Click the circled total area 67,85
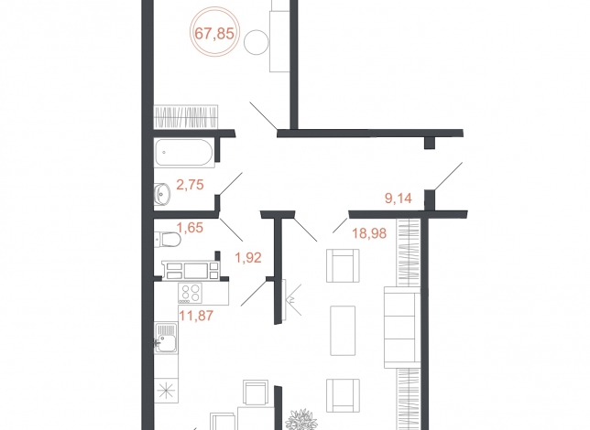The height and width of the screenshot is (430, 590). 214,34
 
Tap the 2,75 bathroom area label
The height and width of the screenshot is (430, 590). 190,185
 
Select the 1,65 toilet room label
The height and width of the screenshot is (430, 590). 190,228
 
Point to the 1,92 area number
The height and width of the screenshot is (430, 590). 248,257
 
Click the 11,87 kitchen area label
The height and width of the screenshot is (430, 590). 196,316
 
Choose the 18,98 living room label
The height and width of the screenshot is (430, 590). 369,233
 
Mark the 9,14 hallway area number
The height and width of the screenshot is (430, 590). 399,199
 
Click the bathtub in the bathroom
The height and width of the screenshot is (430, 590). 184,153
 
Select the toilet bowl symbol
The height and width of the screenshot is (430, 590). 168,240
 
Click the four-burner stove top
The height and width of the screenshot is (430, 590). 190,293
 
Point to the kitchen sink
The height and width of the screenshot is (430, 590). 166,338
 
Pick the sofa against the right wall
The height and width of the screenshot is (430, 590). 402,328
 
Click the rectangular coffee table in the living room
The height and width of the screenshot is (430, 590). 343,330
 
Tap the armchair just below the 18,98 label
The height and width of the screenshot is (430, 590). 343,265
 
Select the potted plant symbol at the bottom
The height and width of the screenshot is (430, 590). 301,420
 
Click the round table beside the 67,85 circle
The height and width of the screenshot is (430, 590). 257,42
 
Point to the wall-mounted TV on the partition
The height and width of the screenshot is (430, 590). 284,300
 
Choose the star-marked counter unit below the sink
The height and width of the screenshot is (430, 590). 166,392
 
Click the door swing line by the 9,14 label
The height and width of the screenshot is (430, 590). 448,176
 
